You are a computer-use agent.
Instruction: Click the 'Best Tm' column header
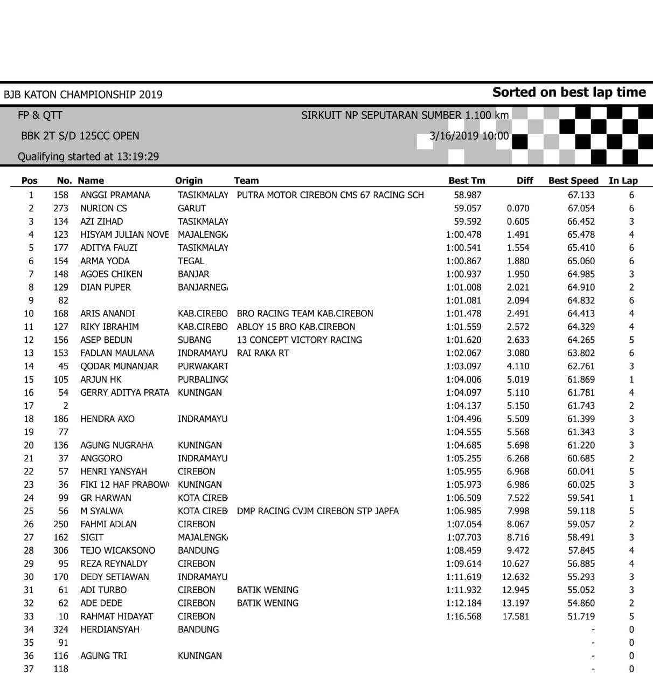(467, 181)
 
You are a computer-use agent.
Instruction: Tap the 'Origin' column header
(189, 181)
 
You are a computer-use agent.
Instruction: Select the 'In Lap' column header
(623, 181)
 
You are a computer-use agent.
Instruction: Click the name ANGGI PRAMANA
(115, 195)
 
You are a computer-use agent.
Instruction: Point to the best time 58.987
(468, 195)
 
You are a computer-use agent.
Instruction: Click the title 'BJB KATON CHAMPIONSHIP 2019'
(83, 95)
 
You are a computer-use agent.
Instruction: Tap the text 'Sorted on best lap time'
(569, 92)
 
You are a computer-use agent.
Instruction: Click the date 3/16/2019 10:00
(469, 136)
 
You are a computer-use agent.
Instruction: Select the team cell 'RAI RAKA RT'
(263, 353)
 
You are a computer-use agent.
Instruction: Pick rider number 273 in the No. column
(61, 208)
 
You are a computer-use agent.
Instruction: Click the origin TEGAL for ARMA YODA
(191, 261)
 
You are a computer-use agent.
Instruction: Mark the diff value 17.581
(516, 616)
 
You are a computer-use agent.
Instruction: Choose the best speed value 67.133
(581, 195)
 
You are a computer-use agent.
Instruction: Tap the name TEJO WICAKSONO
(117, 550)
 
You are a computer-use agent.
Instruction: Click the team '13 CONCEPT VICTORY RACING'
(300, 340)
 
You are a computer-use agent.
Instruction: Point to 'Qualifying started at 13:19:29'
(88, 157)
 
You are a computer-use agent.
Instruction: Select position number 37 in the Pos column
(29, 669)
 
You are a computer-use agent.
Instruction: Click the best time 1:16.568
(463, 616)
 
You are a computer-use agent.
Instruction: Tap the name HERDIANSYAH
(110, 630)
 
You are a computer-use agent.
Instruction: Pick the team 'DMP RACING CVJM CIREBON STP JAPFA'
(318, 511)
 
